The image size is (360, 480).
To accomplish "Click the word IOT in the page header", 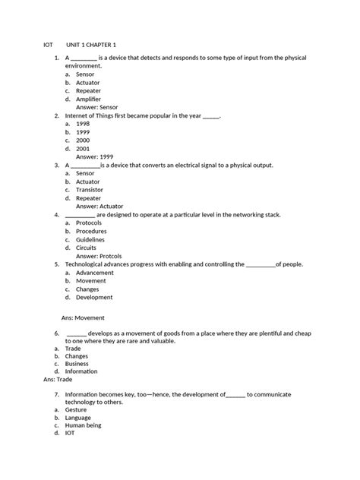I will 49,45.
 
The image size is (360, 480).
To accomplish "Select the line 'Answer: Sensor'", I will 97,107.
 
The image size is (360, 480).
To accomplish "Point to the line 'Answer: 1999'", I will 95,156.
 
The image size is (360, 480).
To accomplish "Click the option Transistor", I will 90,189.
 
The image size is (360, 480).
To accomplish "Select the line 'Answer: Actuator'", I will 99,206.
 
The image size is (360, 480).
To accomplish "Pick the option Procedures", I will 92,231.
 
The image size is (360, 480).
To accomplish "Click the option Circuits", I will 86,248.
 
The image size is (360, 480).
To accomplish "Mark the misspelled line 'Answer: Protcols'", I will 98,256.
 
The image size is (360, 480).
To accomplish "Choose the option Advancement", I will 95,272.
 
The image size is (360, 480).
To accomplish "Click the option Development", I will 94,297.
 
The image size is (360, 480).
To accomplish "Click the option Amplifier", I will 90,99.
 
